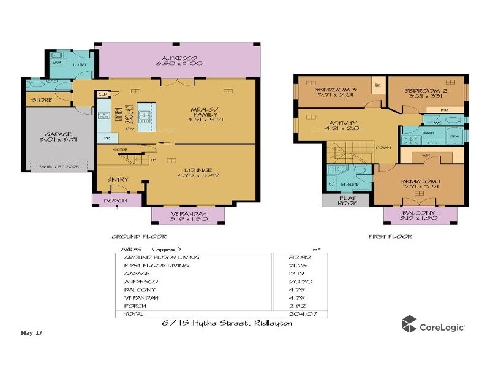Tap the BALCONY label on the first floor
click(420, 214)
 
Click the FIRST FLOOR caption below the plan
click(390, 237)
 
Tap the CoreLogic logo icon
click(409, 324)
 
